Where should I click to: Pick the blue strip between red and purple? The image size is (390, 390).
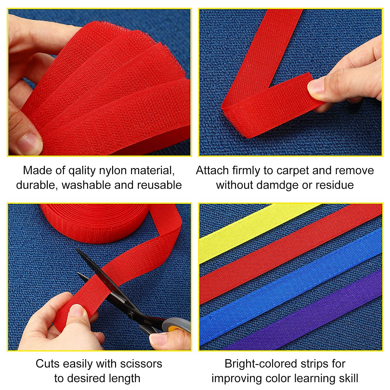tap(292, 286)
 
